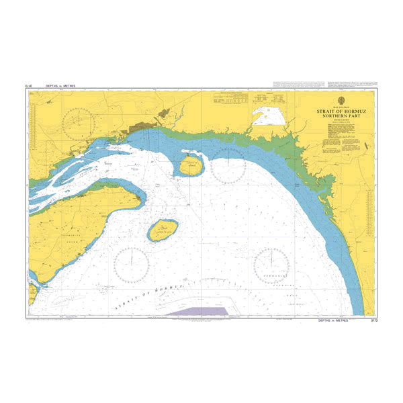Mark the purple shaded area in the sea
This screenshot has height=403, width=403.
tap(199, 310)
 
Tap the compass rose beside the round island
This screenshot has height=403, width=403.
tap(227, 165)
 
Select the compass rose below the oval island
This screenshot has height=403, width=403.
tap(132, 263)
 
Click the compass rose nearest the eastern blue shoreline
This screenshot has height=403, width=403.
tap(272, 264)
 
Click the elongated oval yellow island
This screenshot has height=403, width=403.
tap(163, 230)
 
